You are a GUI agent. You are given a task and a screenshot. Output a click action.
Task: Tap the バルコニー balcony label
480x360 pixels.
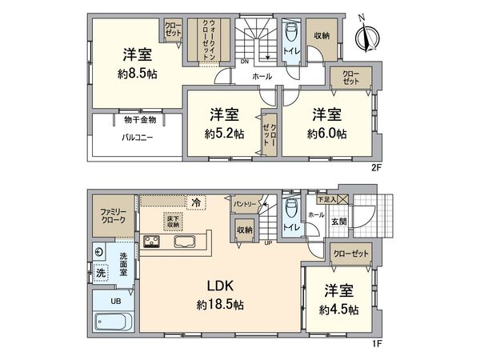tap(138, 137)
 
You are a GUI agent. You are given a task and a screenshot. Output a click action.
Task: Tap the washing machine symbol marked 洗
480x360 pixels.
tap(101, 272)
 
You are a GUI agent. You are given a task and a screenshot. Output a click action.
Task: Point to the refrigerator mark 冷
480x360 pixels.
tap(195, 201)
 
